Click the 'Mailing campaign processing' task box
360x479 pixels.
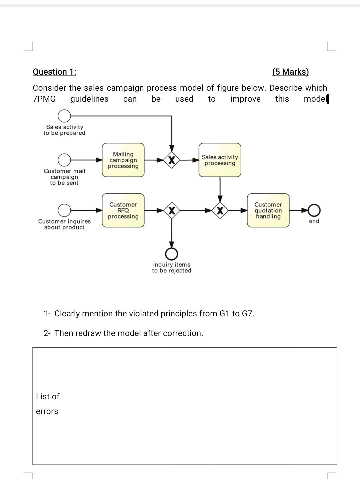(x=123, y=160)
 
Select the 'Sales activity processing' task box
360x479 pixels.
(x=220, y=160)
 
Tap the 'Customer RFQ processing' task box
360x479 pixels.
(x=123, y=210)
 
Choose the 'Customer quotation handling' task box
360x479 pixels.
(x=268, y=210)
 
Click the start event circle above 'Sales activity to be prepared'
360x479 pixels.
(x=64, y=116)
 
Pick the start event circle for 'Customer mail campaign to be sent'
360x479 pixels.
(x=64, y=160)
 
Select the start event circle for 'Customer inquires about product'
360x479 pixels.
(x=64, y=210)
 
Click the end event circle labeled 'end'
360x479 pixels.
(x=314, y=210)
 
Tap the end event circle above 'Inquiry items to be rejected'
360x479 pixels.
(x=172, y=254)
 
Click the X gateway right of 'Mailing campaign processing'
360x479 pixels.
(x=172, y=160)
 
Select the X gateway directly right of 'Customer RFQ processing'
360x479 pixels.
(x=172, y=210)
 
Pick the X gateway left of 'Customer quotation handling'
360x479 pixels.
(x=220, y=210)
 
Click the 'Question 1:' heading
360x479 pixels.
(x=54, y=72)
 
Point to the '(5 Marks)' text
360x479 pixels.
(x=290, y=72)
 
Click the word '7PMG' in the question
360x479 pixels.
(x=44, y=99)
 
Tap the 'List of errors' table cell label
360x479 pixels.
(x=47, y=404)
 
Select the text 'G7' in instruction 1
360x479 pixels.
(x=247, y=314)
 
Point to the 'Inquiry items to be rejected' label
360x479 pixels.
(x=172, y=268)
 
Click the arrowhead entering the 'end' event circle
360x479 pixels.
(x=305, y=210)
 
